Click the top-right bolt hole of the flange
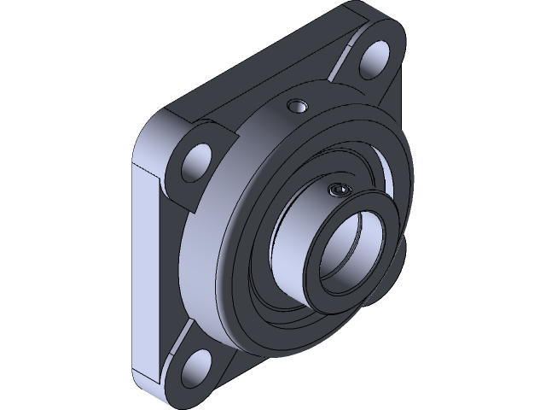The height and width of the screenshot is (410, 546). [375, 63]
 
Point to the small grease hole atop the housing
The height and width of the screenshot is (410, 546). [296, 106]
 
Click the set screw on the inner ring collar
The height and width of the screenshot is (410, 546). [339, 189]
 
